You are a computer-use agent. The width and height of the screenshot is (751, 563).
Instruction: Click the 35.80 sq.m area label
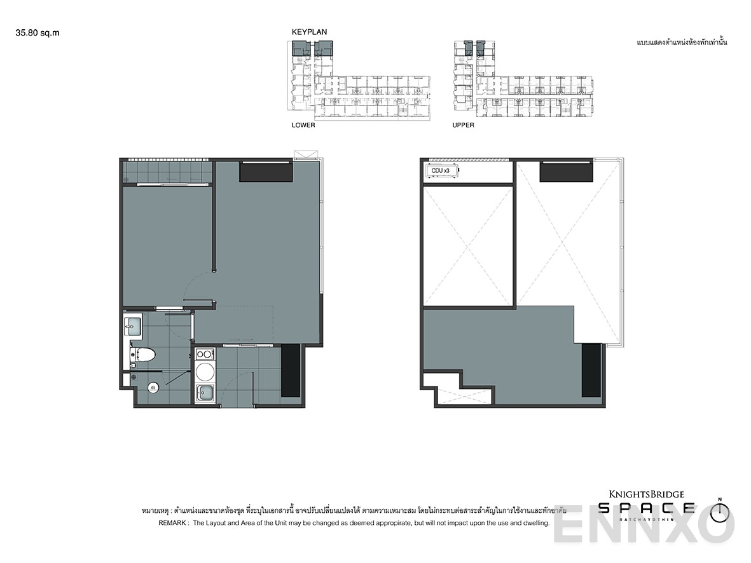pyautogui.click(x=38, y=34)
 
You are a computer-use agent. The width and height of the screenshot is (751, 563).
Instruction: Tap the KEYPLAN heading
pyautogui.click(x=309, y=31)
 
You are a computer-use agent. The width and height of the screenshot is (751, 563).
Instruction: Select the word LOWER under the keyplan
pyautogui.click(x=303, y=125)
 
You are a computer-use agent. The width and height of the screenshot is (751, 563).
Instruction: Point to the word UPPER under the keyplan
pyautogui.click(x=463, y=125)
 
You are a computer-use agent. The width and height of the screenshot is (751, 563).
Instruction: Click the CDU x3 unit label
pyautogui.click(x=441, y=171)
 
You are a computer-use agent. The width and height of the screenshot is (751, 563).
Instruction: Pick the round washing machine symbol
pyautogui.click(x=205, y=372)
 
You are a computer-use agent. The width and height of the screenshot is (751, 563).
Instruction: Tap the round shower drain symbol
pyautogui.click(x=153, y=387)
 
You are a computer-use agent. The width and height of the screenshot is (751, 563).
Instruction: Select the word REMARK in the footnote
pyautogui.click(x=172, y=523)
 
